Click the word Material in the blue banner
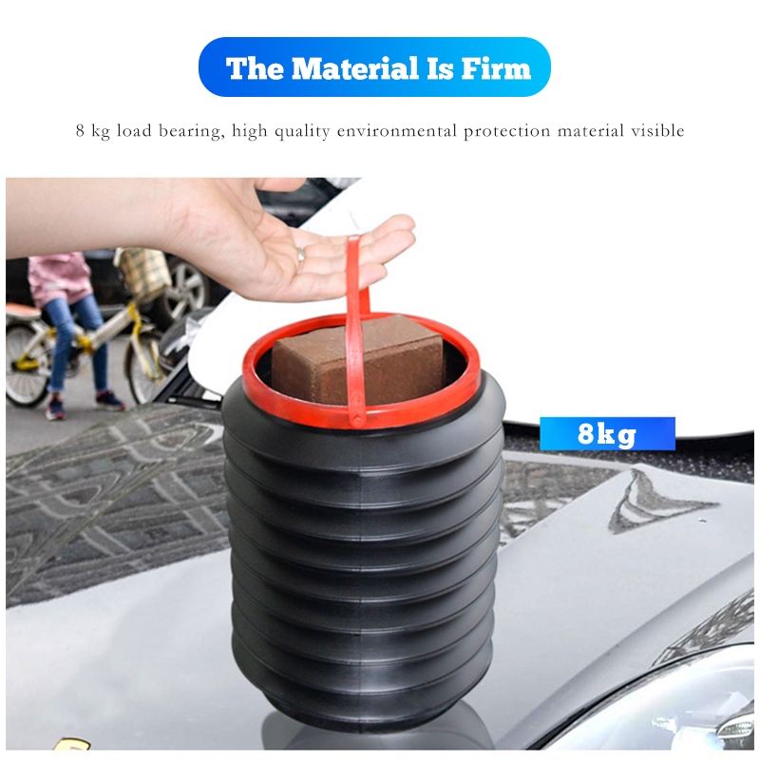coord(355,67)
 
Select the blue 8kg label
coord(607,434)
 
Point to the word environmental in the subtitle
coord(397,131)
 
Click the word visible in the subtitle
coord(657,131)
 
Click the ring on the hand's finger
coord(301,253)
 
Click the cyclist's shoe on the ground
coord(108,400)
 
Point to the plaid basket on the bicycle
coord(144,274)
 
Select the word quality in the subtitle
coord(302,131)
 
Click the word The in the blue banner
coord(255,67)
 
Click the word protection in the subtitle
coord(506,131)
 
